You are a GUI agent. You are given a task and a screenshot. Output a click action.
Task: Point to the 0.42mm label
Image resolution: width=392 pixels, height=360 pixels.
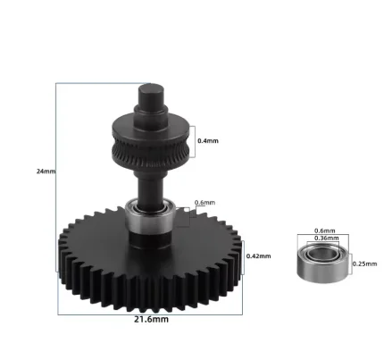pos(256,255)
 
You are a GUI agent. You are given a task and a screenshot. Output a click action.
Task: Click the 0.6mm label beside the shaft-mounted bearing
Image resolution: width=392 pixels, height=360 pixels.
pos(204,202)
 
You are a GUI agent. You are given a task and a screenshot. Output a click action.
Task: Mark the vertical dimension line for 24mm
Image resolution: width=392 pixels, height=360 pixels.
pos(57,197)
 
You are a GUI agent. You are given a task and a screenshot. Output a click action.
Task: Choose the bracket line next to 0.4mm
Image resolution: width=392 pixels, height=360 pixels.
pos(194,140)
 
